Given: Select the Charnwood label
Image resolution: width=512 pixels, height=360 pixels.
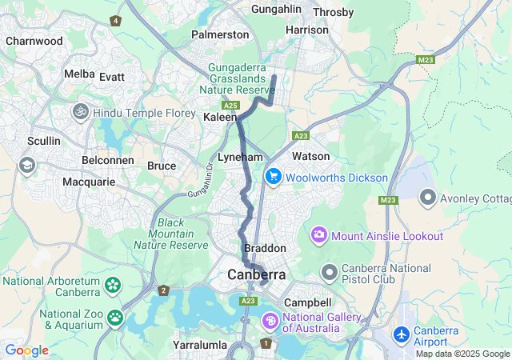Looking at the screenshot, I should tap(34, 40).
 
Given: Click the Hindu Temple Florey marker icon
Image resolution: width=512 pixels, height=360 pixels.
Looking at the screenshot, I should tap(82, 113).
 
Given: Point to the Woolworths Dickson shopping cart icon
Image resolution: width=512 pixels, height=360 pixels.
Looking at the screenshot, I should tap(273, 177).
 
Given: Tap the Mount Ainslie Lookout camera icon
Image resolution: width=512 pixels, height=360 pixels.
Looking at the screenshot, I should tap(320, 236).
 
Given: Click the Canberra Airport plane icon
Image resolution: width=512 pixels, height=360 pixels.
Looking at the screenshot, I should tap(401, 332).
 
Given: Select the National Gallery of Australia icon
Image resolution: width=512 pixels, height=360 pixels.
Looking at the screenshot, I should tap(271, 322).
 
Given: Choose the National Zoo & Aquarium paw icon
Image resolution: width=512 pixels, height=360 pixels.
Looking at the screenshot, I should tap(115, 318).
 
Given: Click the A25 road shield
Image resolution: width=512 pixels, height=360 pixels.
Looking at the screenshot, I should tap(231, 105).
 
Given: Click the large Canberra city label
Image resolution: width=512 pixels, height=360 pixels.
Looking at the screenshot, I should tap(256, 274).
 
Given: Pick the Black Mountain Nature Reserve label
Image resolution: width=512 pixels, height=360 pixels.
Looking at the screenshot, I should tap(171, 234).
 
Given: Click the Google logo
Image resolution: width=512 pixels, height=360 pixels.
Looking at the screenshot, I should tap(26, 350).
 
